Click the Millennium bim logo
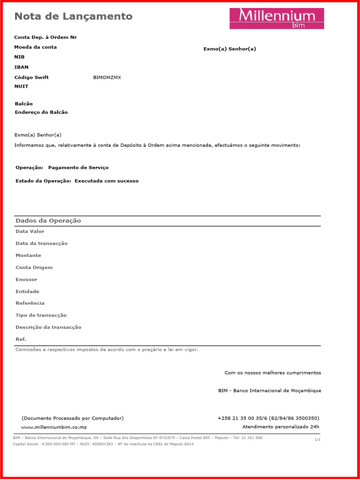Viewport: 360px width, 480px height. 277,18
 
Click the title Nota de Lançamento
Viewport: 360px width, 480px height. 74,16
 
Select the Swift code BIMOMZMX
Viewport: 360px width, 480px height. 107,77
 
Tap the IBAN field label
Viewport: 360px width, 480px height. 22,67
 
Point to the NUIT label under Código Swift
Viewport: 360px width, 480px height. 22,86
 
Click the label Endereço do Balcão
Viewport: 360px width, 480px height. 41,112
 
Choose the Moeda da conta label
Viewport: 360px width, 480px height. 36,47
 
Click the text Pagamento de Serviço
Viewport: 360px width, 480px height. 78,167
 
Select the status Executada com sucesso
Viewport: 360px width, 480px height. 106,181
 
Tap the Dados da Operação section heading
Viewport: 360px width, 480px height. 48,221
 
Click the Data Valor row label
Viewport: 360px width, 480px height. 30,231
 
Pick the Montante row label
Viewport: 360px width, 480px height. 28,255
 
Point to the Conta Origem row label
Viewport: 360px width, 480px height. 34,268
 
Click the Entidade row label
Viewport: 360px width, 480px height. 28,292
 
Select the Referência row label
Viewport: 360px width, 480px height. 30,303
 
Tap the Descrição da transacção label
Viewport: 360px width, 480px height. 48,327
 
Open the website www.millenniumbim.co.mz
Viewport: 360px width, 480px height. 54,427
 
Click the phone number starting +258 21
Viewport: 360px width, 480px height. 268,418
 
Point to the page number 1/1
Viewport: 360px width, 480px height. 318,440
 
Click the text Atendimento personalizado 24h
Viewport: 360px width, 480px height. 280,427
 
